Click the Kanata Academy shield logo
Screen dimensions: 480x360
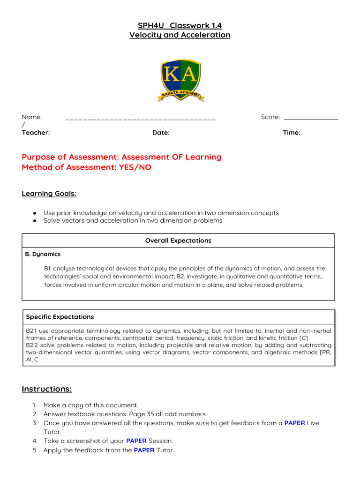click(x=180, y=80)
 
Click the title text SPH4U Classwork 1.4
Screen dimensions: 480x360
click(x=180, y=26)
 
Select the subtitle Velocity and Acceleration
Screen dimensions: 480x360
click(x=180, y=35)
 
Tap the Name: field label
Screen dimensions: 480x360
click(x=32, y=117)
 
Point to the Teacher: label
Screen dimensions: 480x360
click(x=36, y=133)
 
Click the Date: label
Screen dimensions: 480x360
click(x=161, y=133)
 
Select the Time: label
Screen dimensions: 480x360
click(x=292, y=133)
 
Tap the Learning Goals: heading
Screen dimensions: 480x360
click(x=49, y=194)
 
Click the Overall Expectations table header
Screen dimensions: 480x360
click(x=178, y=240)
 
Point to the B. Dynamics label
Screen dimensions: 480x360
click(x=43, y=254)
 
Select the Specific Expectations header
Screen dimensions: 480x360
click(x=60, y=317)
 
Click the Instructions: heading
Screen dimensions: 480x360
click(x=47, y=389)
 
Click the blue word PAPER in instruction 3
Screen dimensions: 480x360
click(x=294, y=423)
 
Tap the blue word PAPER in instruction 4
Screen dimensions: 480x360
click(x=136, y=441)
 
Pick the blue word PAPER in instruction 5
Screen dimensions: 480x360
click(x=144, y=450)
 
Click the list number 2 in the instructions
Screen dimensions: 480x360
click(x=35, y=414)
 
